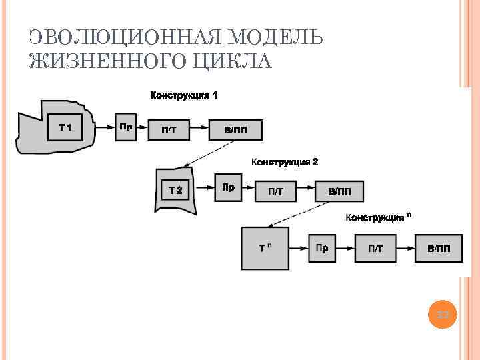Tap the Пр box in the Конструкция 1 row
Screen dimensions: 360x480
point(125,127)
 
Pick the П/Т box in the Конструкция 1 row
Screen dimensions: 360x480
point(169,130)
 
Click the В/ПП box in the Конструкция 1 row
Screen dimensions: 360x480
point(235,130)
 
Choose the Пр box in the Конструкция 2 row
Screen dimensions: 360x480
point(229,187)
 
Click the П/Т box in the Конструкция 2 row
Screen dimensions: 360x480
point(275,192)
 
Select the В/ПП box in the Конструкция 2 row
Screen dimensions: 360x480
point(339,192)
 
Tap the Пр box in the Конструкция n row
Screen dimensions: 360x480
point(322,249)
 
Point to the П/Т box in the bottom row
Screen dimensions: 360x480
point(376,249)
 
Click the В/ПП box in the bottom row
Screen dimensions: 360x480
point(438,249)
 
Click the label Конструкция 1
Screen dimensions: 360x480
point(183,95)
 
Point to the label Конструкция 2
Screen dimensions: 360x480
point(285,161)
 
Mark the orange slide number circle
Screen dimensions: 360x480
point(443,313)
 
